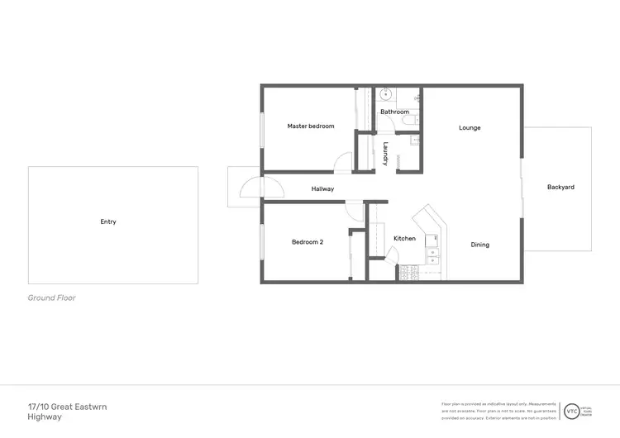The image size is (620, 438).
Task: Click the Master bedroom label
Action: pyautogui.click(x=311, y=126)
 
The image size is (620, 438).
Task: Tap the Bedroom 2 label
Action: pyautogui.click(x=307, y=242)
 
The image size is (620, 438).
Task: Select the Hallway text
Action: pyautogui.click(x=322, y=189)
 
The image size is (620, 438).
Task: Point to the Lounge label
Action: pyautogui.click(x=470, y=128)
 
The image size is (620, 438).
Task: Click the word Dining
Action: pyautogui.click(x=479, y=245)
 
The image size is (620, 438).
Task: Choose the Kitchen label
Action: pyautogui.click(x=404, y=239)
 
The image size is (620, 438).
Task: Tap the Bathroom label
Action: pyautogui.click(x=394, y=112)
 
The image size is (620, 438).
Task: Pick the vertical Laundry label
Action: pyautogui.click(x=386, y=155)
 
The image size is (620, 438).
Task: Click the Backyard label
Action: pyautogui.click(x=560, y=188)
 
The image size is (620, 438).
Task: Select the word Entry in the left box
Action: pyautogui.click(x=108, y=221)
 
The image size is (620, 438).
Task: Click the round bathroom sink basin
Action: pyautogui.click(x=386, y=95)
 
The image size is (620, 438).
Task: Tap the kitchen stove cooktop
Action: pyautogui.click(x=410, y=271)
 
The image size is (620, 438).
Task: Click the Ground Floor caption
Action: pyautogui.click(x=51, y=298)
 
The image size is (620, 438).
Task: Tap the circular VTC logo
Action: pyautogui.click(x=570, y=411)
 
